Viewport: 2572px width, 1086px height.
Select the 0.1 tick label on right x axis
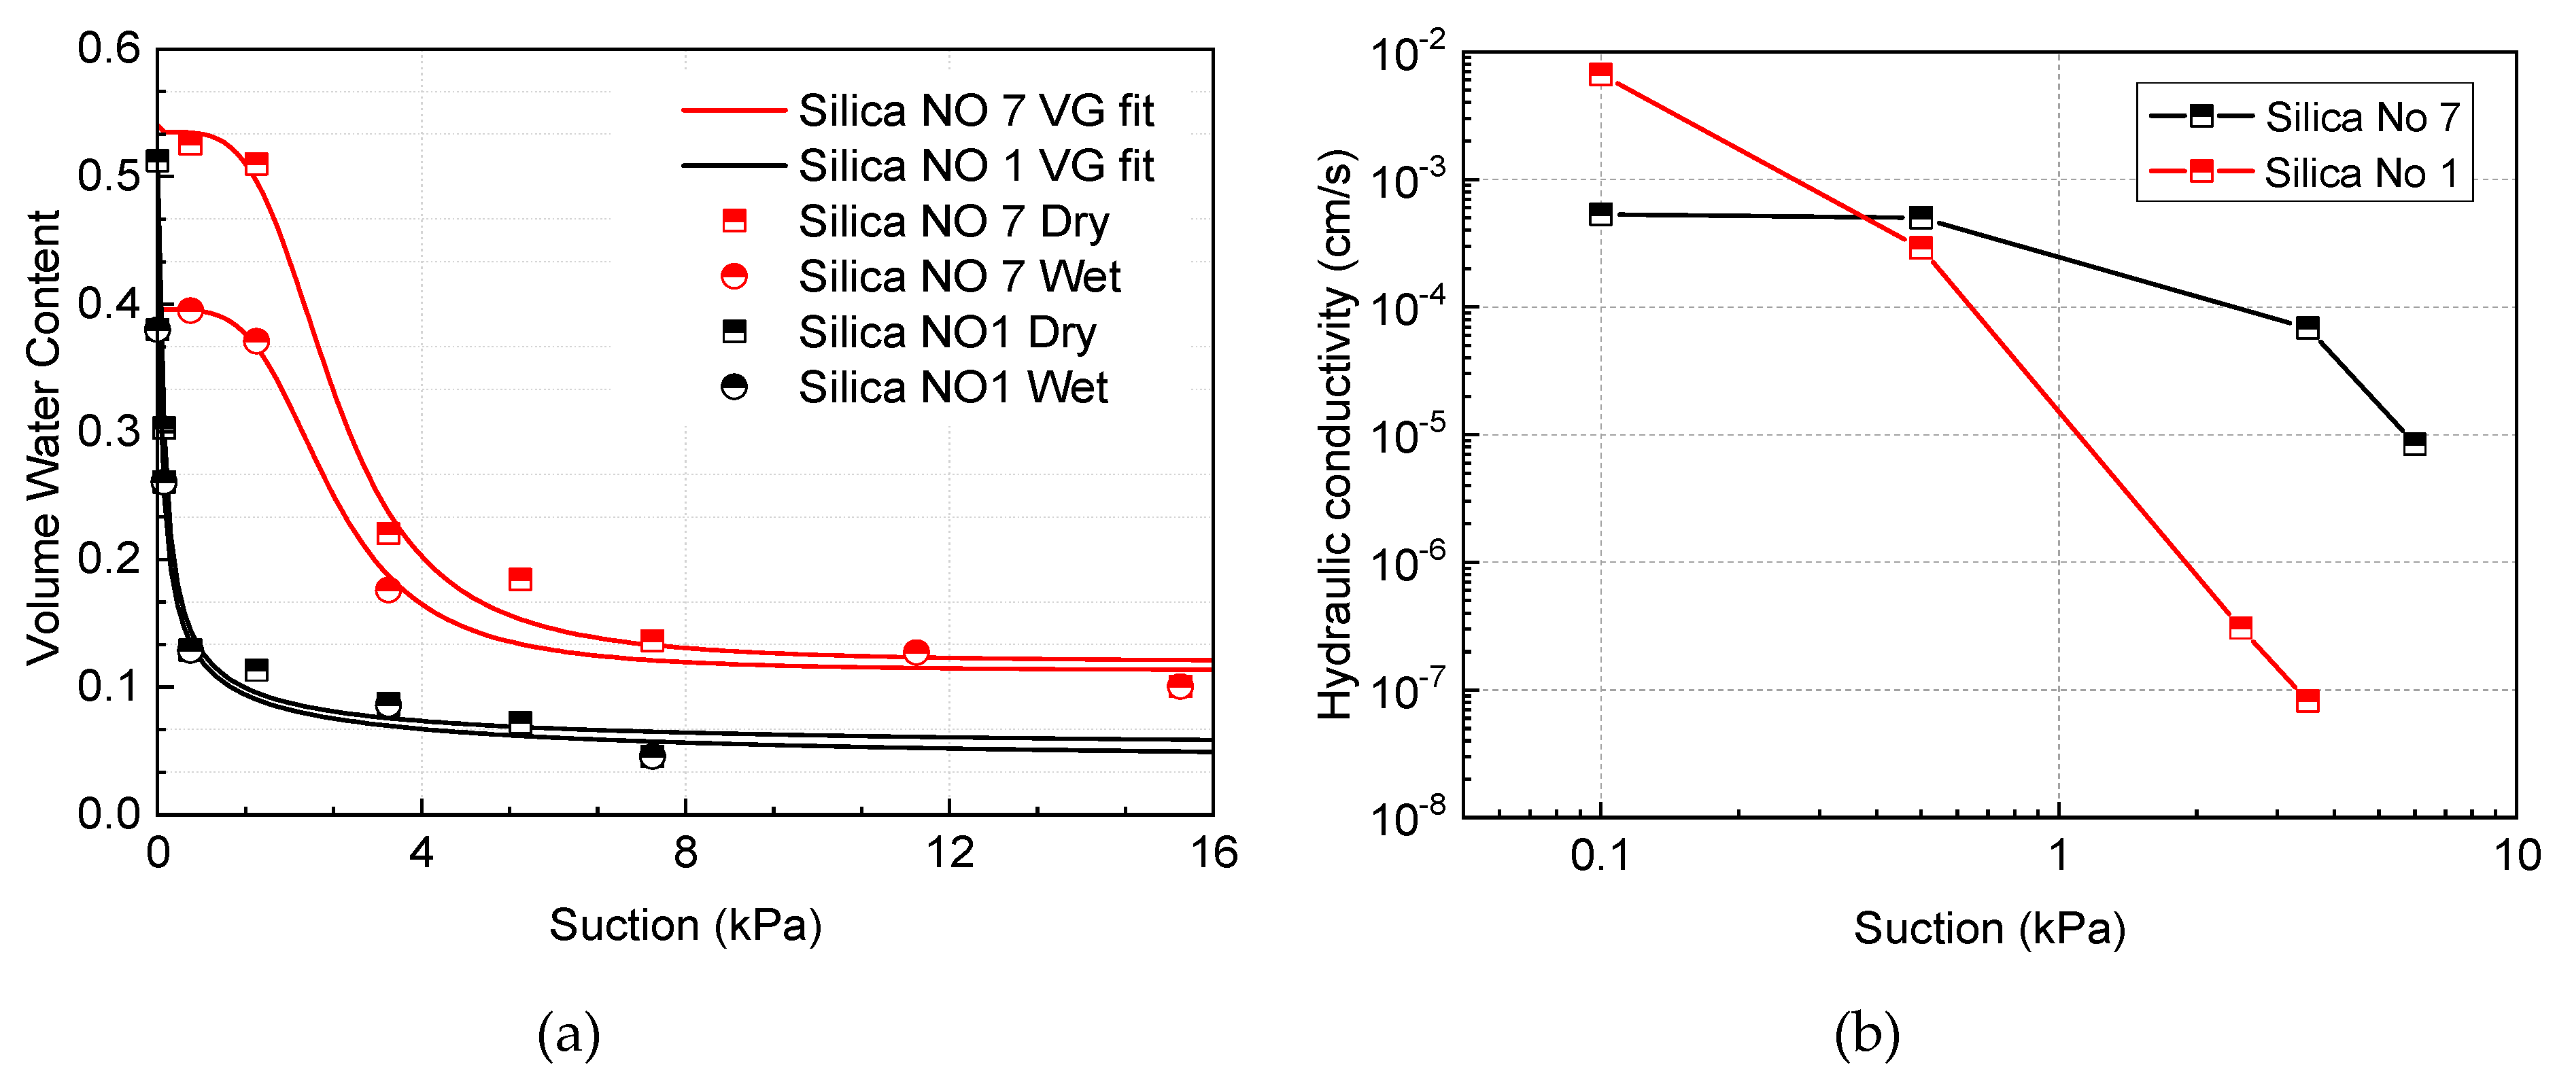(x=1600, y=856)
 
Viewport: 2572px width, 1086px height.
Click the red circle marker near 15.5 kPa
(x=1179, y=686)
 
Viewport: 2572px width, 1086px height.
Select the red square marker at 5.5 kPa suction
(x=520, y=579)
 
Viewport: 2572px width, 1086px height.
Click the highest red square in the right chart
(x=1600, y=74)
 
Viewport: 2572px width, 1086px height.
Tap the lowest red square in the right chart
(x=2308, y=701)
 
